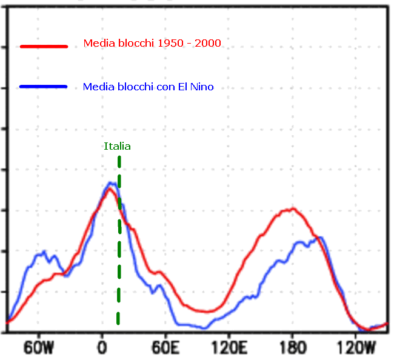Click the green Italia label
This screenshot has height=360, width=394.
117,146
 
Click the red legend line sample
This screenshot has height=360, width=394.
43,45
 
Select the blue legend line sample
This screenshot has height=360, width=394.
43,87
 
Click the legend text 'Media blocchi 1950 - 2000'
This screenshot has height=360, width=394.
152,44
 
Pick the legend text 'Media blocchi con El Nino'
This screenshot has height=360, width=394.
148,87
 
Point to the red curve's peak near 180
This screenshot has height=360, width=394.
292,209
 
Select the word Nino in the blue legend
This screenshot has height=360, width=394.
202,87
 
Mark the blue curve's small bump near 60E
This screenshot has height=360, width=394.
161,287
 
